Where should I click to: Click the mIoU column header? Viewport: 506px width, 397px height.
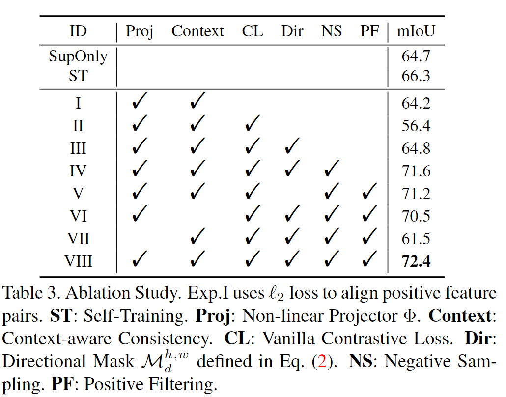pos(416,31)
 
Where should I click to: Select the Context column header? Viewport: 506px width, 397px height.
pos(197,31)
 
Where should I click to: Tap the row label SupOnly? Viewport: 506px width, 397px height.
pos(78,57)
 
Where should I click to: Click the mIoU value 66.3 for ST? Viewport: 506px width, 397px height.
pos(416,76)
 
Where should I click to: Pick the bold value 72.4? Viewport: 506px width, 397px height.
pos(416,261)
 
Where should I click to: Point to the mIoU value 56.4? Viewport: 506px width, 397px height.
pos(416,126)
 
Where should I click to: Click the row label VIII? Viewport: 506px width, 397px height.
pos(78,261)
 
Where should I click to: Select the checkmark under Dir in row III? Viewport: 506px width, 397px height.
pos(292,147)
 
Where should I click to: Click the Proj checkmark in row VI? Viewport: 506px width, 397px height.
pos(140,215)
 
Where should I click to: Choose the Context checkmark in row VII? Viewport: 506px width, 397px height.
pos(197,237)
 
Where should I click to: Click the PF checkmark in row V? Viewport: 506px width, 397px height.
pos(369,192)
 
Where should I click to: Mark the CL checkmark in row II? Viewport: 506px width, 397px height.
pos(253,124)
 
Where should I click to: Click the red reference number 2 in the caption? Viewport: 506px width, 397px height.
pos(324,362)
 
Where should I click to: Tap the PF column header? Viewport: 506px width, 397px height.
pos(369,31)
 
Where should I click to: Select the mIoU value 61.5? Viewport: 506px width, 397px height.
pos(416,239)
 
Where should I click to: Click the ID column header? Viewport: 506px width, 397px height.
pos(78,31)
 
